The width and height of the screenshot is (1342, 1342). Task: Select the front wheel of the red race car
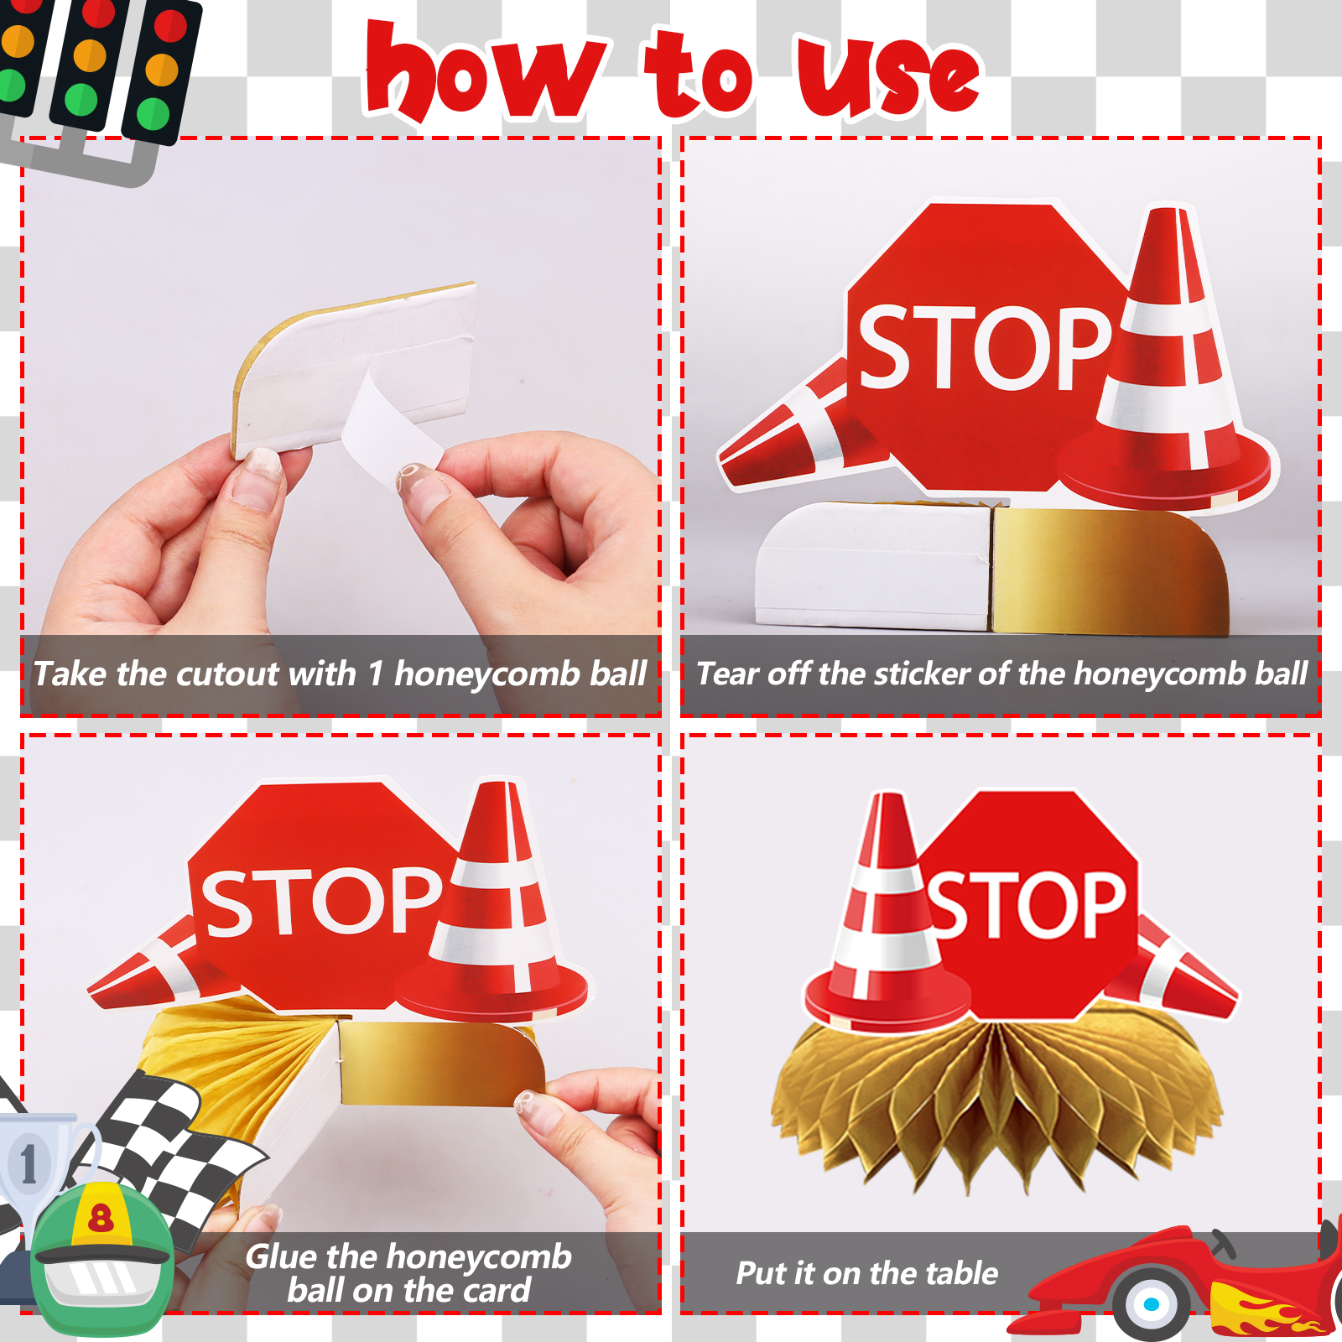coord(1152,1303)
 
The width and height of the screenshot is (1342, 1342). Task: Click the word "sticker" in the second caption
coord(921,674)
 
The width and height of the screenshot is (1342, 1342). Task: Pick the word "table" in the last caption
coord(962,1274)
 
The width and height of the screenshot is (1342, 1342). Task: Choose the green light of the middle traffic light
coord(81,100)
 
